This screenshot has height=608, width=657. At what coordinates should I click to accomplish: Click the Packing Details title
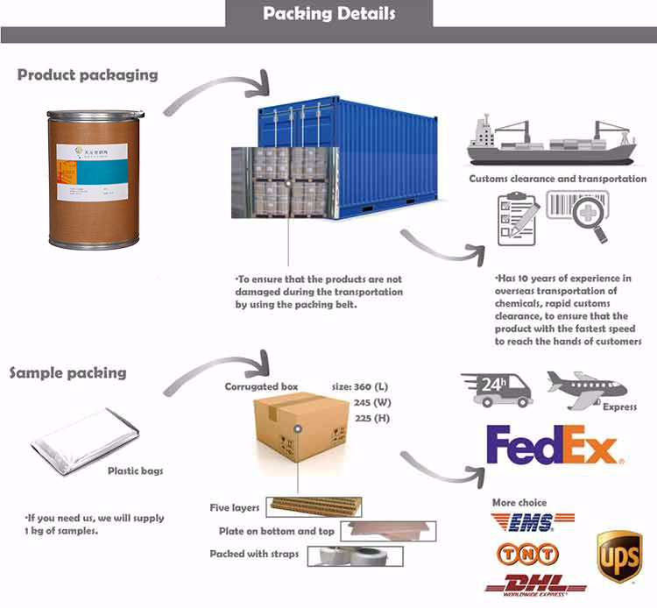[328, 14]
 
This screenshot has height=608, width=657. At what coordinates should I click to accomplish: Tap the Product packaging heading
[88, 74]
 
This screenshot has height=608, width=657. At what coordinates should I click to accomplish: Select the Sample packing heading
[67, 372]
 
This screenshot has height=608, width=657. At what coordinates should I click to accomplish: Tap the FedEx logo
[553, 446]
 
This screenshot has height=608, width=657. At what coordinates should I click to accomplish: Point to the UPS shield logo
[619, 556]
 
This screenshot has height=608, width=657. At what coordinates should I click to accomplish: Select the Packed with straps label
[253, 554]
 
